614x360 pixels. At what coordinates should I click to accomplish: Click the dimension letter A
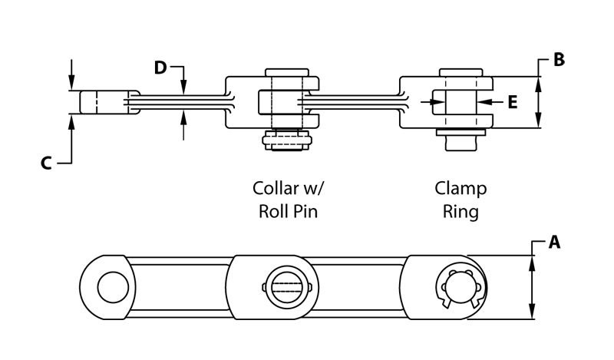(x=555, y=243)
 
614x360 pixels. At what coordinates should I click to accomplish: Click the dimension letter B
(x=559, y=60)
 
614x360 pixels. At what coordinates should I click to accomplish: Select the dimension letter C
(x=46, y=163)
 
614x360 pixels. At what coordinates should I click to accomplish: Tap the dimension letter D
(x=160, y=68)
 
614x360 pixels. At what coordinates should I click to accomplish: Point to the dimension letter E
(x=513, y=101)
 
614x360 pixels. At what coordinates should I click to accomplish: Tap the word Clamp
(x=460, y=189)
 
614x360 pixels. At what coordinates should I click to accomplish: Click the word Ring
(x=460, y=211)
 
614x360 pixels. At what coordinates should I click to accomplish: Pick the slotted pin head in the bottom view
(x=287, y=288)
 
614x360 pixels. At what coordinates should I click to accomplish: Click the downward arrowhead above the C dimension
(x=71, y=82)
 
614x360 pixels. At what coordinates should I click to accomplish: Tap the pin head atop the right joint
(x=460, y=73)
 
